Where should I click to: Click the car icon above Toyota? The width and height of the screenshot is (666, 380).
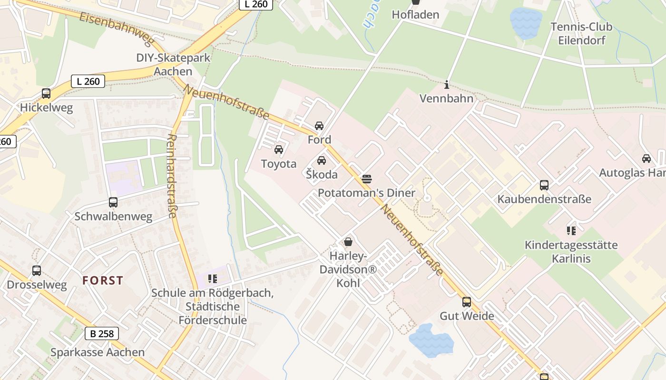279,150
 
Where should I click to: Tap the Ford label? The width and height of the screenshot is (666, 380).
319,140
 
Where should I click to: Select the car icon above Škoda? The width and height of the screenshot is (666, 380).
322,161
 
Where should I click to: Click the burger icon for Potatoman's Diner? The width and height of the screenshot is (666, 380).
367,179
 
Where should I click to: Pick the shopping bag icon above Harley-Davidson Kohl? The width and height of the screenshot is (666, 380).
348,242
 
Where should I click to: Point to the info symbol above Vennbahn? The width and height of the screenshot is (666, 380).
447,85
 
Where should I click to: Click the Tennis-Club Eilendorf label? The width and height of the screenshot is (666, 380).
581,33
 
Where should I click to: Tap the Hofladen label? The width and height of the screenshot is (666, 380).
415,15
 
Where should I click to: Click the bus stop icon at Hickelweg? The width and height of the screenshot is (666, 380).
46,94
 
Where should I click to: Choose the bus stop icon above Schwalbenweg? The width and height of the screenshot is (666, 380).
113,202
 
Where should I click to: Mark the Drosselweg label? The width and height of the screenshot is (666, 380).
37,285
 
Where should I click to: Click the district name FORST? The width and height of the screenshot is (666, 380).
103,280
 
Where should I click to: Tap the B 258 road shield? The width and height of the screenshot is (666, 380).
102,333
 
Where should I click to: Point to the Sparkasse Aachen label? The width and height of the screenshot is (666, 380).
98,352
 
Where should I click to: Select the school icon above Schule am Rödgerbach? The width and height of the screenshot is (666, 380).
212,278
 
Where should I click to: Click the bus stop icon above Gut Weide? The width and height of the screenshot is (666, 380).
467,302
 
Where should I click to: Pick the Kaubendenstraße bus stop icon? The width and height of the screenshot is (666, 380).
544,185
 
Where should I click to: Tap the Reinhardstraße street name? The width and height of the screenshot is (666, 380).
172,176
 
